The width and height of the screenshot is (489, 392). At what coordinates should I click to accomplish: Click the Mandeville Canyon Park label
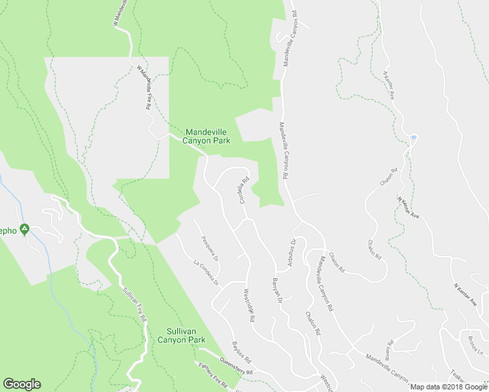(206, 136)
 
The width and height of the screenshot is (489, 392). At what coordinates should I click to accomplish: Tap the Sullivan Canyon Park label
(182, 335)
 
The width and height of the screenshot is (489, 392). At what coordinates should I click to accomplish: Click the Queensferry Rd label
(236, 367)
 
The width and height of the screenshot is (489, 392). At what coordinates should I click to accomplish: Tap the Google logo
(22, 384)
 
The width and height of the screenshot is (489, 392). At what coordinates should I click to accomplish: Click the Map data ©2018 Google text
(448, 387)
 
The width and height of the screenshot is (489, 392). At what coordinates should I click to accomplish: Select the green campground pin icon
(24, 229)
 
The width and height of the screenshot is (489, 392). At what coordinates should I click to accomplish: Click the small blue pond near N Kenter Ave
(413, 138)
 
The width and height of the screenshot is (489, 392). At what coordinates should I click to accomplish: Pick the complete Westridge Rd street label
(247, 304)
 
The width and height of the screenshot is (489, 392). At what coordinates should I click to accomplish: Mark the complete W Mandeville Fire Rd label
(145, 86)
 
